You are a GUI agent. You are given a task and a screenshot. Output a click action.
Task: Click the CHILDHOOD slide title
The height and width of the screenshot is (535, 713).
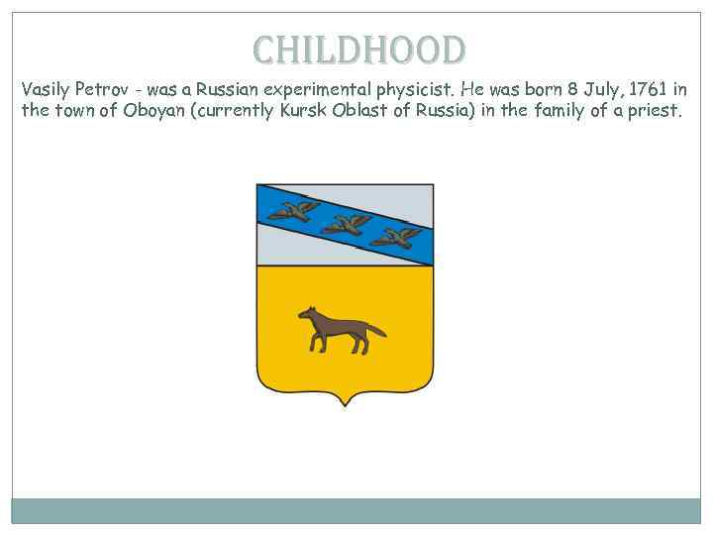tap(357, 50)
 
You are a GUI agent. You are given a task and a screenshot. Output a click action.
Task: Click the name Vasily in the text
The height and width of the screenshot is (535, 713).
tap(45, 89)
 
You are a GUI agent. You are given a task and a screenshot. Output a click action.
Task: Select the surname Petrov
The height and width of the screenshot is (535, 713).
tap(100, 89)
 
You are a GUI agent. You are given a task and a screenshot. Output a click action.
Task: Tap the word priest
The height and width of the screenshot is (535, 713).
tap(655, 110)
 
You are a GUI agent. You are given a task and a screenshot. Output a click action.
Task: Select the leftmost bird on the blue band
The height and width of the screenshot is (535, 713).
tap(293, 209)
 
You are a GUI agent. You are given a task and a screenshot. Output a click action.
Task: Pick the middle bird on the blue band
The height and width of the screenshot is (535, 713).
tap(347, 224)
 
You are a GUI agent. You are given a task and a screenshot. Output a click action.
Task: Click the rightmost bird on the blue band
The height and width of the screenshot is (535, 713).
tap(400, 237)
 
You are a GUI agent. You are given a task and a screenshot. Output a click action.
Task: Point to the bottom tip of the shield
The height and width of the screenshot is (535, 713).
tap(345, 403)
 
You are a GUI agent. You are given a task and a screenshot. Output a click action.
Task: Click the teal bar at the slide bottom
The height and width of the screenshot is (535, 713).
tap(356, 510)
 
